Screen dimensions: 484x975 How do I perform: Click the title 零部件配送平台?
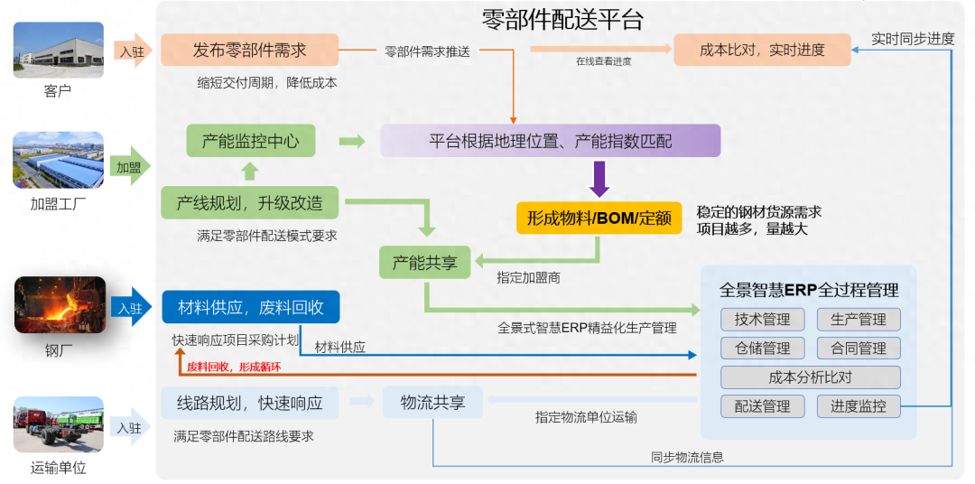pos(562,20)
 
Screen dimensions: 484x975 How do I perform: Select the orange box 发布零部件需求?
pos(249,50)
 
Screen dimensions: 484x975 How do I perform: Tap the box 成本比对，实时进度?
pos(762,50)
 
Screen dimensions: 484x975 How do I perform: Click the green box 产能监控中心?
pos(251,141)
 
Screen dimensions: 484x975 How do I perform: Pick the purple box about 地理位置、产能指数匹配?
pos(550,141)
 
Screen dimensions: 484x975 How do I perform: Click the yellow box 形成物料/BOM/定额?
pos(599,219)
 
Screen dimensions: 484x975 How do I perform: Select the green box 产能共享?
pos(424,263)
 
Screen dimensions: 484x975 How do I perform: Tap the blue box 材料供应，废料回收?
pos(251,307)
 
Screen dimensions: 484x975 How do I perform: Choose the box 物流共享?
pos(432,403)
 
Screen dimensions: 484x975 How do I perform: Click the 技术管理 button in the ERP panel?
pos(762,320)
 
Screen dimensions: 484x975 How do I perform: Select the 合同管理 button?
pos(859,348)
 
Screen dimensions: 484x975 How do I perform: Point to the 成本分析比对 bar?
pos(810,377)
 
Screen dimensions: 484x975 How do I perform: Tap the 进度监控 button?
pos(859,406)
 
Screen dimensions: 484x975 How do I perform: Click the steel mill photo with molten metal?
pos(60,305)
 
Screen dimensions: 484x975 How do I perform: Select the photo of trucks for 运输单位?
pos(59,428)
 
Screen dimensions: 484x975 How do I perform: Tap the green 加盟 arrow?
pos(131,167)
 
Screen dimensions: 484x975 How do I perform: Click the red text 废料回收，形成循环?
pos(234,368)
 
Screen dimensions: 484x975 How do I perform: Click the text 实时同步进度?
pos(913,39)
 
